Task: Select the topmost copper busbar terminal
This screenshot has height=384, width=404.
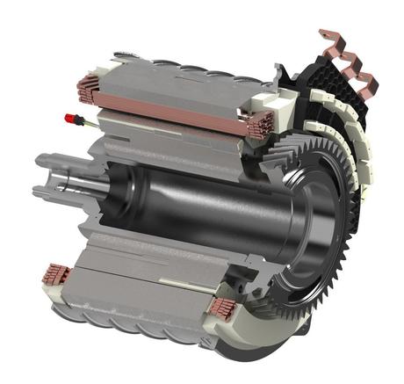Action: pos(331,41)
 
